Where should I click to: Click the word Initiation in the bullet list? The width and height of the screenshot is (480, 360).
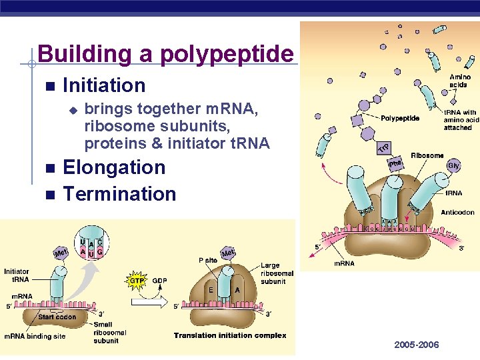(x=103, y=85)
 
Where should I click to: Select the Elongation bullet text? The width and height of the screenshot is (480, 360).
(x=113, y=167)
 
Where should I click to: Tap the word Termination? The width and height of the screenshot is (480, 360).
(x=119, y=194)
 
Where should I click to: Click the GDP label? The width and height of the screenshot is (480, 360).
(x=160, y=281)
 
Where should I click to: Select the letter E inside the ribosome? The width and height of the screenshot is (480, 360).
(x=210, y=291)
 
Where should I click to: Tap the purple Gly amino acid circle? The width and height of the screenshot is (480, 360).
(x=454, y=164)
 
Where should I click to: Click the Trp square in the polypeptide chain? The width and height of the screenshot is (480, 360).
(x=385, y=147)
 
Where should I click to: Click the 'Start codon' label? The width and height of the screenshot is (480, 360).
(x=57, y=317)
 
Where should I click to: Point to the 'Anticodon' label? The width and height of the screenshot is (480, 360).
(x=457, y=213)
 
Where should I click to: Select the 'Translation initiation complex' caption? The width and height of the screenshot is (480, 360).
(x=230, y=335)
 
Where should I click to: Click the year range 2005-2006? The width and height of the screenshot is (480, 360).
(x=417, y=345)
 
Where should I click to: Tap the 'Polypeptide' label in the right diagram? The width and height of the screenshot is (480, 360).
(x=400, y=118)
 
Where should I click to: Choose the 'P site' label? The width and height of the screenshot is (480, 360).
(x=208, y=261)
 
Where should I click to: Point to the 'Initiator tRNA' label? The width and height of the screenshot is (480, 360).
(x=16, y=275)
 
